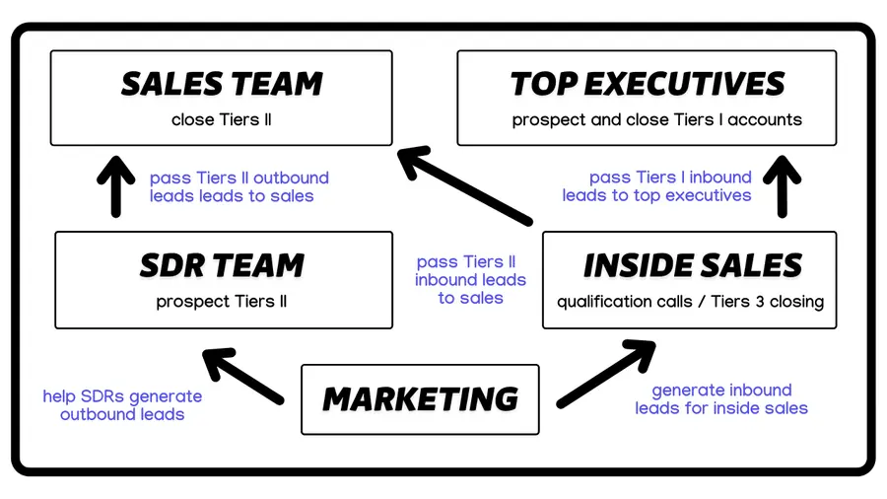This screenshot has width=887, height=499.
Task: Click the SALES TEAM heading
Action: [x=222, y=84]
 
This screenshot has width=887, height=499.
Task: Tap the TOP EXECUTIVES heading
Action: [x=648, y=84]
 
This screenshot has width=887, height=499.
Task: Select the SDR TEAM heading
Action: [x=222, y=265]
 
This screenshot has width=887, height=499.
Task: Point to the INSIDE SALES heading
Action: [x=692, y=265]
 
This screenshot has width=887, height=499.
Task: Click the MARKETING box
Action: [x=420, y=399]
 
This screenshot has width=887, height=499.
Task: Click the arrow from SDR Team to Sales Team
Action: [x=116, y=184]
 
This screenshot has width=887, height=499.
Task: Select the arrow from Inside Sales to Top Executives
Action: [x=784, y=184]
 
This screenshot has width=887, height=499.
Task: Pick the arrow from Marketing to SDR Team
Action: [x=240, y=375]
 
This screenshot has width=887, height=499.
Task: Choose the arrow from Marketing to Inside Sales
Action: [x=606, y=373]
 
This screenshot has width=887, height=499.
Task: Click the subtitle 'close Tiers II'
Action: [x=222, y=120]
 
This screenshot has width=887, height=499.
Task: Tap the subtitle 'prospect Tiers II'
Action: [x=222, y=302]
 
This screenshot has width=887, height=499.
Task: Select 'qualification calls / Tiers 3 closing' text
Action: [x=690, y=302]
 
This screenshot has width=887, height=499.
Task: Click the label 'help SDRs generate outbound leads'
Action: [x=122, y=405]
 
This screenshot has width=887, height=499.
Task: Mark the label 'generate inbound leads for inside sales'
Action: [x=721, y=399]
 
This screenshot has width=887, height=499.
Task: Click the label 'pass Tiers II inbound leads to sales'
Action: [x=470, y=280]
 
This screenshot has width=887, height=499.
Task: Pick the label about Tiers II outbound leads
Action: [x=239, y=187]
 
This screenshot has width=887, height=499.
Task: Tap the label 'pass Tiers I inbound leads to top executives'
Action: [x=658, y=186]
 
